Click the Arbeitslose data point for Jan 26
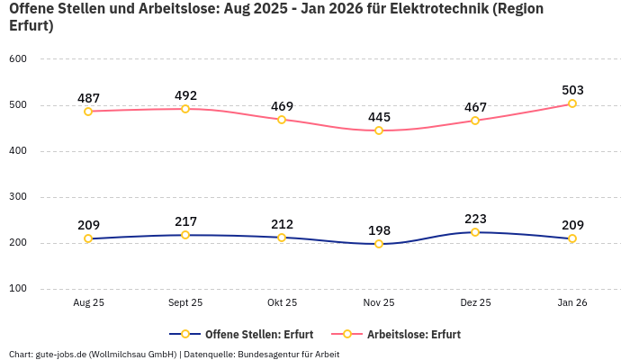(572, 103)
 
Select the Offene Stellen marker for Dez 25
(475, 232)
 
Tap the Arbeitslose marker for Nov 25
(379, 130)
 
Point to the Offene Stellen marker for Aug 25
(88, 238)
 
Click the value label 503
(572, 90)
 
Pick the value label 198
(379, 230)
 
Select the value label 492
(185, 95)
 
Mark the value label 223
(475, 219)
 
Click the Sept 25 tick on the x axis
(185, 303)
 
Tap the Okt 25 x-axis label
(282, 303)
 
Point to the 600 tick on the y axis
(18, 59)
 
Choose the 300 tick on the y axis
(18, 197)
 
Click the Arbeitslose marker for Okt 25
(282, 120)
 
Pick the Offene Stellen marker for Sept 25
(185, 235)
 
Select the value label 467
(475, 107)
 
